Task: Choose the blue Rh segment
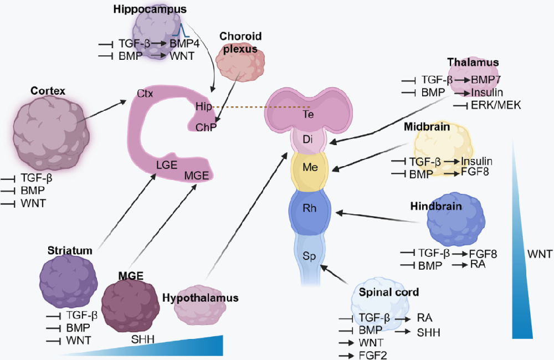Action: click(x=310, y=210)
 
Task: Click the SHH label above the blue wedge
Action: click(x=143, y=339)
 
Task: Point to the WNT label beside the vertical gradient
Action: click(x=539, y=254)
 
